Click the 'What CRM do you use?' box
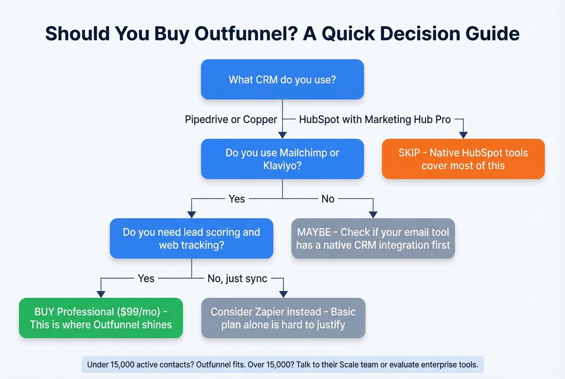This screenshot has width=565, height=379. coord(282,80)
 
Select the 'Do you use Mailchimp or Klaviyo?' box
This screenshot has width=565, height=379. coord(282,159)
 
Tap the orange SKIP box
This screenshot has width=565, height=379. coord(463,159)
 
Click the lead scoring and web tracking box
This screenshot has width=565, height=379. coord(191,239)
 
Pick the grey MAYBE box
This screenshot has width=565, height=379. coord(373,239)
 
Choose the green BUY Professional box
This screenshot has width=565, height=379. coord(101,318)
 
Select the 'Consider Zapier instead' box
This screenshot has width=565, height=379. coord(283,318)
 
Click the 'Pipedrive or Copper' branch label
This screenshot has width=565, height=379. coord(231,119)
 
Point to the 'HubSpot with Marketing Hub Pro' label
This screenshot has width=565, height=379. coord(375,119)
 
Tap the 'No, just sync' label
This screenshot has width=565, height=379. coord(237,278)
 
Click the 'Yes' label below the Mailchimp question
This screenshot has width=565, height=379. coord(236,199)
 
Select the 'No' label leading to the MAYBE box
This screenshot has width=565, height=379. coord(328,199)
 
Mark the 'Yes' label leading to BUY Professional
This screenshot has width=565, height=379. coord(146,278)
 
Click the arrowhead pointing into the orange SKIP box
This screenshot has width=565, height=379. coord(463,135)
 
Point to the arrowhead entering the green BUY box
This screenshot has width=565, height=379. coord(101,294)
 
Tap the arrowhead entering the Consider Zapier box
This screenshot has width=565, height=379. coord(283,294)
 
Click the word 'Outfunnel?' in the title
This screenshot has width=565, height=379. coord(246,34)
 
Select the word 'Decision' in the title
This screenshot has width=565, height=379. coord(419,34)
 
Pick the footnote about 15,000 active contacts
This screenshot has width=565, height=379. coord(282,364)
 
